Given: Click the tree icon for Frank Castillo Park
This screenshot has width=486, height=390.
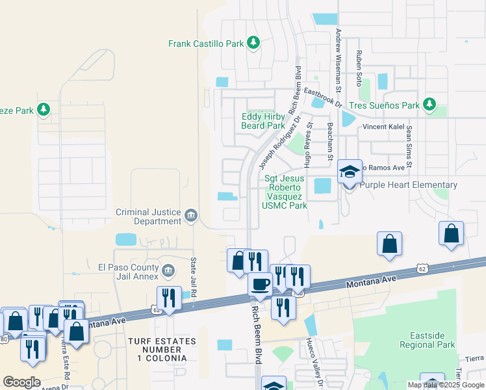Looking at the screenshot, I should click(253, 44).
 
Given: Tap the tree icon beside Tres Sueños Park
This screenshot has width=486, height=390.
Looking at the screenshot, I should click(429, 105).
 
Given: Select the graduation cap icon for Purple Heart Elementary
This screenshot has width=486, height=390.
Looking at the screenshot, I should click(350, 172).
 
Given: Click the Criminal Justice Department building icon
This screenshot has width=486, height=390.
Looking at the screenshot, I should click(191, 215).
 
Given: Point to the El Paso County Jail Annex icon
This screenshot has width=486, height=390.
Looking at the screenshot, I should click(168, 270).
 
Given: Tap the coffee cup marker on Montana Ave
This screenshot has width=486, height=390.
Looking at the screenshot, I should click(261, 285).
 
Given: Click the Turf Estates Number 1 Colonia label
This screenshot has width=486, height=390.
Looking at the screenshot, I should click(157, 350).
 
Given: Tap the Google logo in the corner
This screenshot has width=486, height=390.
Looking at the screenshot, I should click(22, 382).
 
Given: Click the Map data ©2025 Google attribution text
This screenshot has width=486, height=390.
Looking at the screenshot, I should click(445, 385).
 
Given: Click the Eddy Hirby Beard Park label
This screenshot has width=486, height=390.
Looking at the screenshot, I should click(263, 121).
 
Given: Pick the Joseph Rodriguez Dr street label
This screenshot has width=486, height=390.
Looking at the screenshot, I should click(281, 138).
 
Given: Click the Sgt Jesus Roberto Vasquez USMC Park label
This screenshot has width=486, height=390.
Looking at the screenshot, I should click(284, 192).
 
